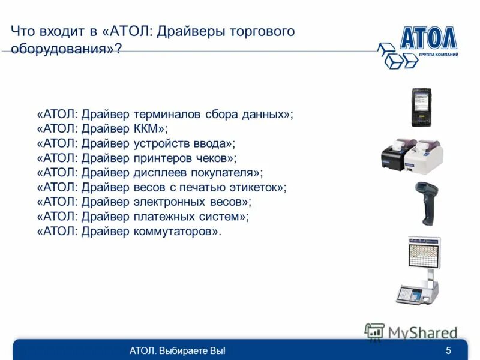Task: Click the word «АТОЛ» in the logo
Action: tap(428, 39)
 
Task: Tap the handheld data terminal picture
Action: tap(421, 107)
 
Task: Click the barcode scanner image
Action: tap(427, 203)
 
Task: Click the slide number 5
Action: tap(448, 350)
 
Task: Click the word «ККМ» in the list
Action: tap(148, 128)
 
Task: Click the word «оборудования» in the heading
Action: tap(57, 49)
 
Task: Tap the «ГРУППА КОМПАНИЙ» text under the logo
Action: tap(439, 55)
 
